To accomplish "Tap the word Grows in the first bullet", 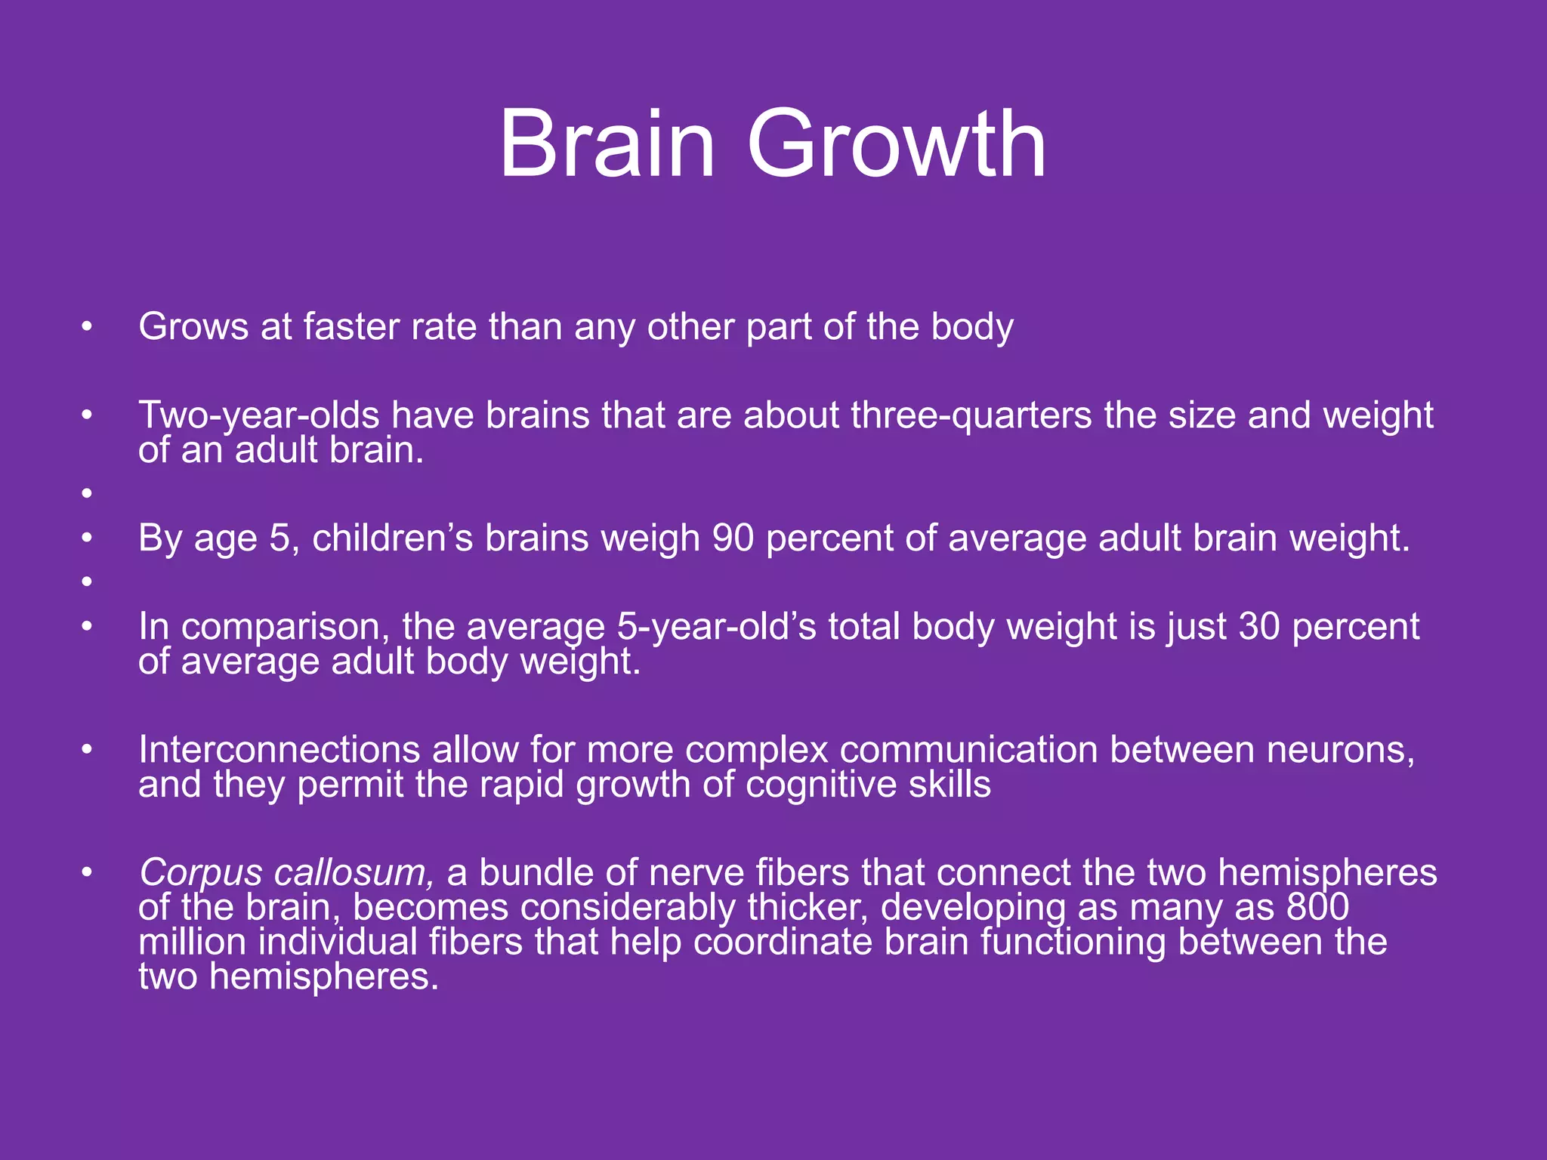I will pos(193,327).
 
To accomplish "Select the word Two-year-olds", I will pos(258,415).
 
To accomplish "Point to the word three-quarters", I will pos(971,415).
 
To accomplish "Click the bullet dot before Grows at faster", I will pos(87,327).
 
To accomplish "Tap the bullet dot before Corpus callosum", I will pos(87,873).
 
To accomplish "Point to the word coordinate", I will pos(783,942).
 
